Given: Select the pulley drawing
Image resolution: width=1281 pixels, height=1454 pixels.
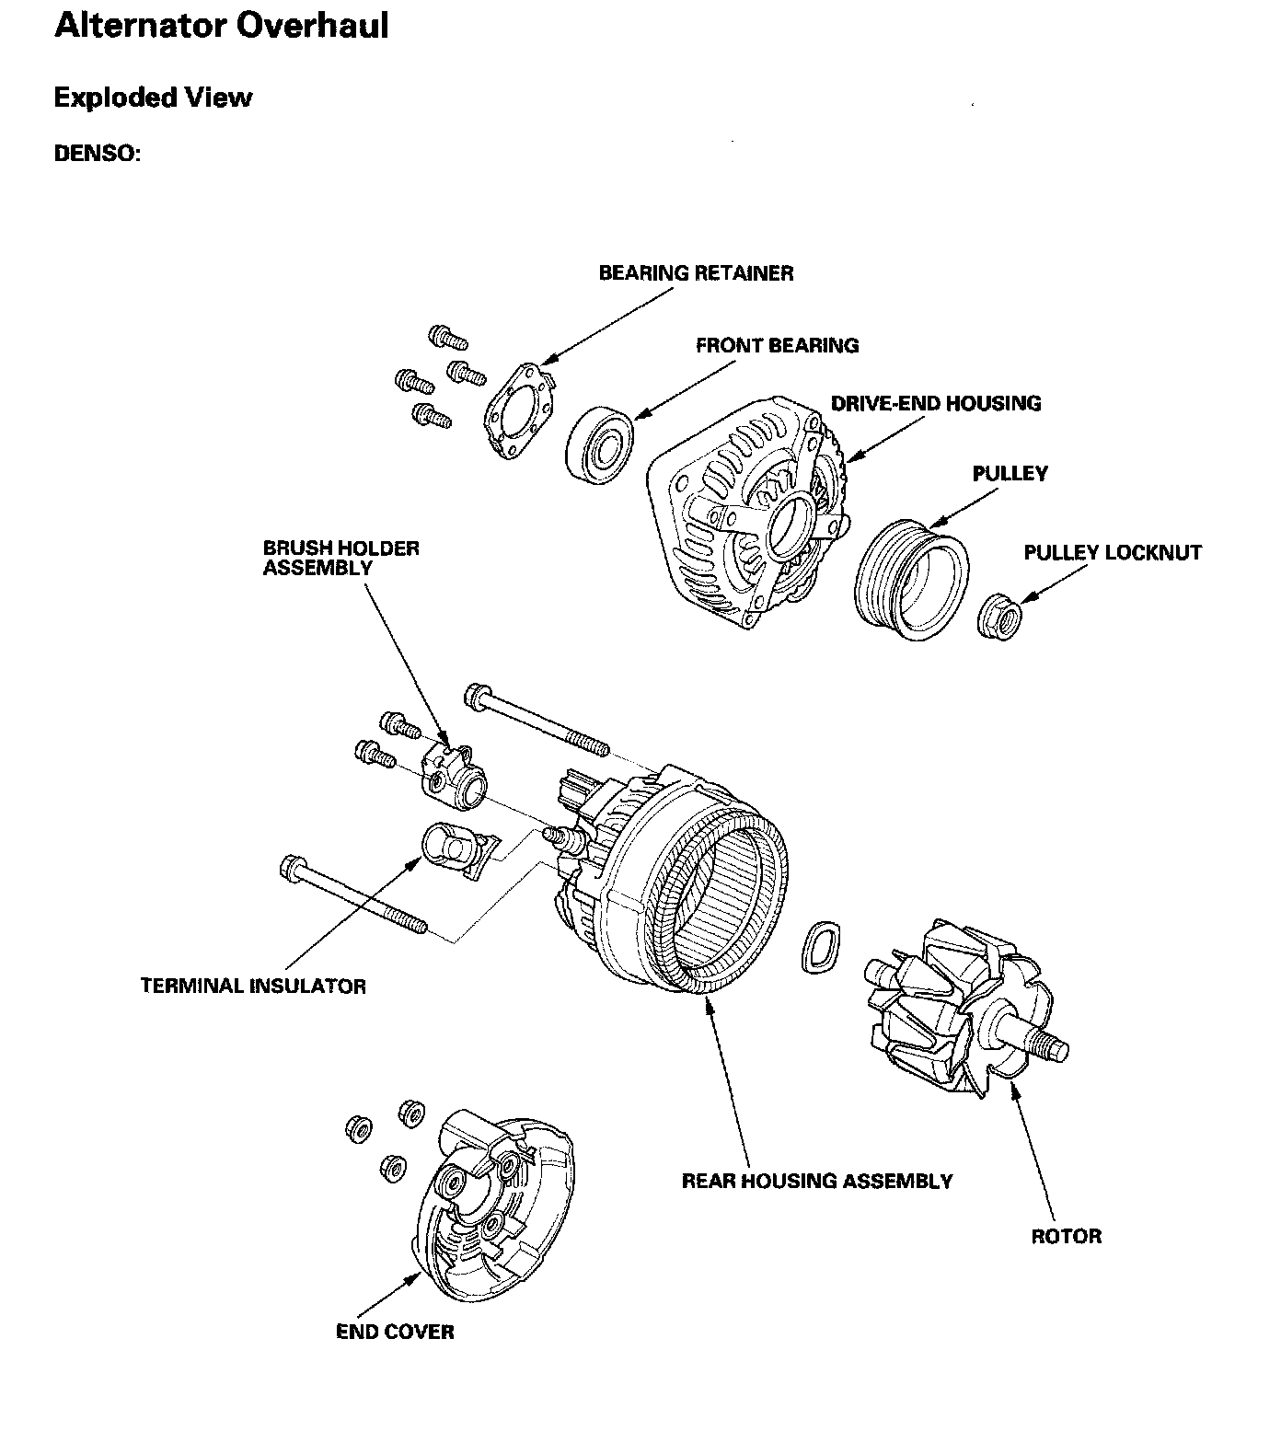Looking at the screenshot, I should tap(912, 580).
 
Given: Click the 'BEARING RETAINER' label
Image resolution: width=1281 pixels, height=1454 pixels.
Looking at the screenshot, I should tap(696, 273).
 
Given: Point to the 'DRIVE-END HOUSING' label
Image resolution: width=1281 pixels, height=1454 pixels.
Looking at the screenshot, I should tap(936, 403).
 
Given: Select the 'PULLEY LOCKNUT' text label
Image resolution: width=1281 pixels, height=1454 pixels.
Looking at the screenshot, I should tap(1113, 553).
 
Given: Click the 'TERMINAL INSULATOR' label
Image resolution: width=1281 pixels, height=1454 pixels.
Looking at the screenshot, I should tap(253, 987).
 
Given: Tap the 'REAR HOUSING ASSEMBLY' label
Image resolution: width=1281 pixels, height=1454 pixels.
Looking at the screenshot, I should tap(816, 1181).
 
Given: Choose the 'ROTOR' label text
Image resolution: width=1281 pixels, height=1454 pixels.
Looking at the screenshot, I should tap(1066, 1236).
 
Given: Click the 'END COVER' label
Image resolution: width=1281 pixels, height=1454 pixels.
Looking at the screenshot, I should tap(395, 1332).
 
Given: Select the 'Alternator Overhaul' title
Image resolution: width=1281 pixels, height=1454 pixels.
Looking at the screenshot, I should tap(222, 26).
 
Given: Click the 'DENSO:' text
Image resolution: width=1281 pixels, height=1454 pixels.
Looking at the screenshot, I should tap(98, 153).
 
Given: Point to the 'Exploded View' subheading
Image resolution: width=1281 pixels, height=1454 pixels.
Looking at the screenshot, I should tap(153, 98).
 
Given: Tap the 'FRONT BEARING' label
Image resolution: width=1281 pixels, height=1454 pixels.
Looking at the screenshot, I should tap(777, 346).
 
